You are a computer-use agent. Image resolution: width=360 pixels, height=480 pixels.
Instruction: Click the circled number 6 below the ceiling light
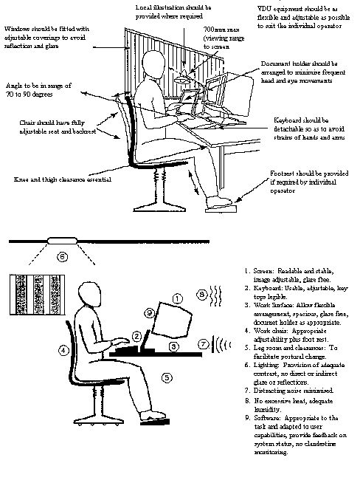(x=63, y=257)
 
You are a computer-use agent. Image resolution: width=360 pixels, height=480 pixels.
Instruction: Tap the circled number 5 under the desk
(x=167, y=377)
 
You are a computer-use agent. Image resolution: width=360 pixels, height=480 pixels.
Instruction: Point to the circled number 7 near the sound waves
(x=204, y=344)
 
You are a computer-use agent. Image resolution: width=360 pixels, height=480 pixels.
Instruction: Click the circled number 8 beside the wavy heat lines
(x=203, y=293)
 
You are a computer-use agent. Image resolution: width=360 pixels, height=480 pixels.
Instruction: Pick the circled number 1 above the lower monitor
(x=176, y=298)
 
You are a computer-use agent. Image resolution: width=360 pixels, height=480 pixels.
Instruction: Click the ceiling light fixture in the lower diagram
(x=63, y=241)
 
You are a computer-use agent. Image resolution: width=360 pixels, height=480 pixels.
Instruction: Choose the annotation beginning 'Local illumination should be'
(x=184, y=10)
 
